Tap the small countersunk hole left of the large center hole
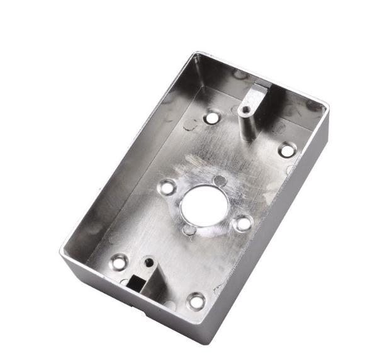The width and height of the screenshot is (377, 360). click(x=168, y=186)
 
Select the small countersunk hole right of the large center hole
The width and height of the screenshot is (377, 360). click(x=242, y=222)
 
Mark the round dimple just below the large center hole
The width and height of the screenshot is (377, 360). click(x=188, y=230)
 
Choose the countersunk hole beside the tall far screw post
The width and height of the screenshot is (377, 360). click(x=213, y=117)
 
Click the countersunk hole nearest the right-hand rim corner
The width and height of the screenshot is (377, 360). click(x=286, y=150)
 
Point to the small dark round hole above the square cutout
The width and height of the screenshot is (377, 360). click(x=149, y=260)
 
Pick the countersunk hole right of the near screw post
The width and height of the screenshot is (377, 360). click(x=196, y=301)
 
